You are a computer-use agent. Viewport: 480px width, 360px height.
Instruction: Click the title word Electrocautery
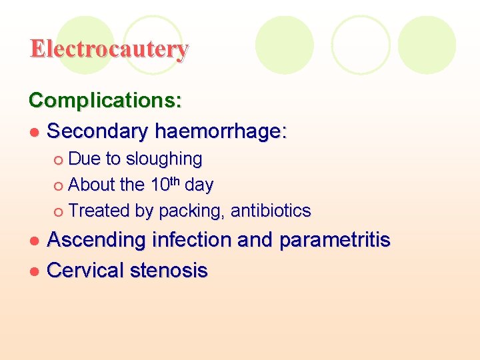pyautogui.click(x=109, y=49)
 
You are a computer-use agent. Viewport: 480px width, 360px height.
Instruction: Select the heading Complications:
pyautogui.click(x=105, y=101)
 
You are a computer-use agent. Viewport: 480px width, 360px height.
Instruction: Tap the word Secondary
pyautogui.click(x=98, y=131)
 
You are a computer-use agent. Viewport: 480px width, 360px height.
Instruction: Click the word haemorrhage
pyautogui.click(x=220, y=132)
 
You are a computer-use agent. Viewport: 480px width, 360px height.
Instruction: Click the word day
pyautogui.click(x=199, y=185)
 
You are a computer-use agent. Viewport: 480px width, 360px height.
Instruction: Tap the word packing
pyautogui.click(x=191, y=212)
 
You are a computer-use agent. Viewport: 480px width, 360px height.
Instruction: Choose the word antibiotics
pyautogui.click(x=271, y=211)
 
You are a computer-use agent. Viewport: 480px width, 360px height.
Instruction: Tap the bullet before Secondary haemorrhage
pyautogui.click(x=35, y=133)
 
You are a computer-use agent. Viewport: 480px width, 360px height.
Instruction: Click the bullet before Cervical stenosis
pyautogui.click(x=35, y=271)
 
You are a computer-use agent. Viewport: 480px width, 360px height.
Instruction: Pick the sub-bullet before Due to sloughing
pyautogui.click(x=59, y=160)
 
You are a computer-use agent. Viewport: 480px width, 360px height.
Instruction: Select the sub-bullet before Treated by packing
pyautogui.click(x=59, y=212)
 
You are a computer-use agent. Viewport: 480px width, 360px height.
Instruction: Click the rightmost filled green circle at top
pyautogui.click(x=427, y=45)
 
